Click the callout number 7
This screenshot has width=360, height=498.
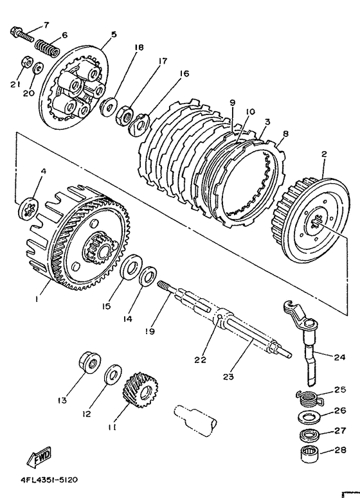pos(46,24)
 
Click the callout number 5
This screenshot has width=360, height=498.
pos(114,35)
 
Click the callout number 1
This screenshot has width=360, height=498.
pos(37,299)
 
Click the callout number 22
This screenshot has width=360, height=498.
pos(201,360)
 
